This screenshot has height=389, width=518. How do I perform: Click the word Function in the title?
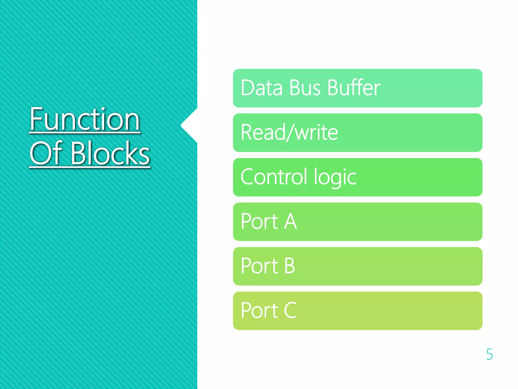click(85, 119)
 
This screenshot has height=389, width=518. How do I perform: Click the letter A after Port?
click(290, 221)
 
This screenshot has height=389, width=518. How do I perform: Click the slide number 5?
click(489, 354)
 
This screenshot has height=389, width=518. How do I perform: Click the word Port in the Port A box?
click(260, 221)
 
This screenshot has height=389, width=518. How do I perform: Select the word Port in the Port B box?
click(260, 266)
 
